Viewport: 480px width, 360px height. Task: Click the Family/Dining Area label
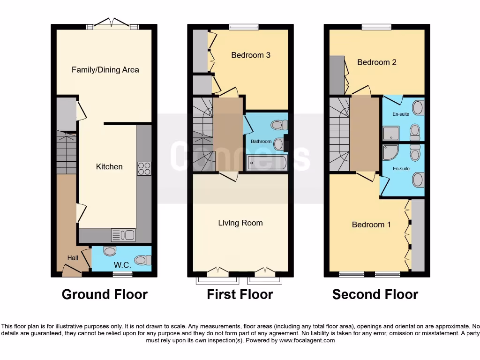(x=105, y=70)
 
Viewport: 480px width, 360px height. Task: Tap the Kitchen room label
(x=109, y=166)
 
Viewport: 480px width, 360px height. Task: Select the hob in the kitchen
(x=144, y=168)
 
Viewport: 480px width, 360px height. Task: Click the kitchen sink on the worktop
(x=123, y=235)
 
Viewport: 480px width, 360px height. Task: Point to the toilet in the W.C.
(x=143, y=260)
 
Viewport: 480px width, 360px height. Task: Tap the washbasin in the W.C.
(x=110, y=251)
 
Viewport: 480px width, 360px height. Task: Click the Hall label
(x=73, y=258)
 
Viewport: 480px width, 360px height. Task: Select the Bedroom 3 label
(x=251, y=55)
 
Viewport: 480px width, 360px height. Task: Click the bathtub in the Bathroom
(x=267, y=163)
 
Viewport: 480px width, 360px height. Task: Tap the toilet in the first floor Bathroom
(x=279, y=125)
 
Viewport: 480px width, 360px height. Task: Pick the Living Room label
(x=240, y=223)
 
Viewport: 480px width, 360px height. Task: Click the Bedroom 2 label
(x=377, y=62)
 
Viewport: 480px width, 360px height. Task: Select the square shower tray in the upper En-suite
(x=391, y=133)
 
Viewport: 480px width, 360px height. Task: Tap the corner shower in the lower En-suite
(x=390, y=153)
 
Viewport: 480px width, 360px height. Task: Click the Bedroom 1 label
(x=371, y=225)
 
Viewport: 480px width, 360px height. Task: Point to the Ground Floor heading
(x=105, y=294)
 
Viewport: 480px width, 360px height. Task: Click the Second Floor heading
(x=375, y=294)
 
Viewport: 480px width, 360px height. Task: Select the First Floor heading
(x=240, y=294)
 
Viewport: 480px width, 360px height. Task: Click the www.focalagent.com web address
(x=307, y=340)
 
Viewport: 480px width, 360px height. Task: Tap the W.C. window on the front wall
(x=122, y=274)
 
